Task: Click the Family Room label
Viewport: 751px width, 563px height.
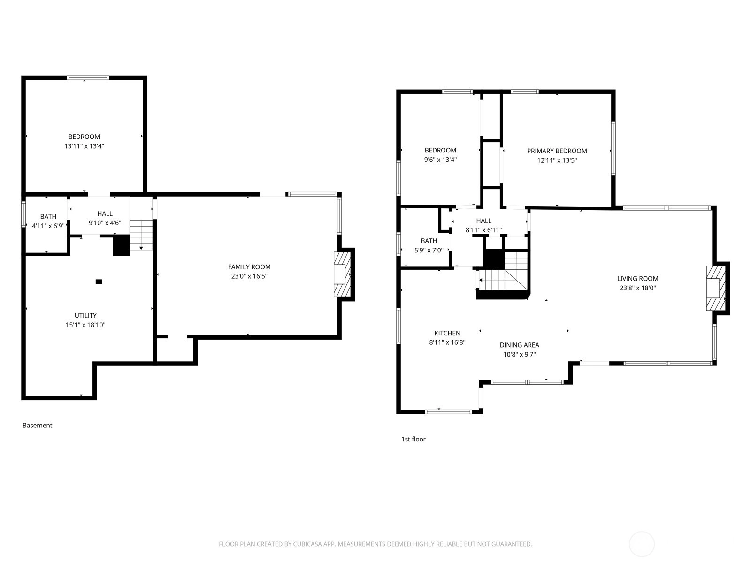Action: click(249, 267)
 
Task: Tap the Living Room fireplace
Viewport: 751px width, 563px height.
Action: click(716, 289)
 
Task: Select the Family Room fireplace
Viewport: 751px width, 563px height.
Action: click(343, 274)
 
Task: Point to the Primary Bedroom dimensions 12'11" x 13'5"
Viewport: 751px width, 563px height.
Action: click(557, 160)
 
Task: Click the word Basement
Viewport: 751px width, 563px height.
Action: click(37, 425)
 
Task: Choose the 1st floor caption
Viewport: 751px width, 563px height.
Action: click(414, 439)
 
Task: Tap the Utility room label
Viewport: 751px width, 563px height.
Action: click(85, 315)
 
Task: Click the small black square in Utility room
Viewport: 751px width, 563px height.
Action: click(99, 281)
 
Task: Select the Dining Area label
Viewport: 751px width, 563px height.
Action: click(520, 345)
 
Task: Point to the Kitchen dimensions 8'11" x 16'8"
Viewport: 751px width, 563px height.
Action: click(447, 342)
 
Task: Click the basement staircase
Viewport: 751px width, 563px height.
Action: click(141, 235)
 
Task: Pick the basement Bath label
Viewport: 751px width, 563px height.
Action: click(48, 216)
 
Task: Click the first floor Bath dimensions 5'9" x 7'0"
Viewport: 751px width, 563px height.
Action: click(429, 250)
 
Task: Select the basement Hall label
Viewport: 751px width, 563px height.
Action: click(105, 213)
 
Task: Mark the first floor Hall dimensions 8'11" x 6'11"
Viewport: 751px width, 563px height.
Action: click(483, 230)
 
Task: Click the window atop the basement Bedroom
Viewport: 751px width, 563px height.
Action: click(88, 78)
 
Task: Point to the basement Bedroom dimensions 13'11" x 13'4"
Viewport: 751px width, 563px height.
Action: click(84, 146)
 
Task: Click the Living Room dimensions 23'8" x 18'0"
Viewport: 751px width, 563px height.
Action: click(637, 288)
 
